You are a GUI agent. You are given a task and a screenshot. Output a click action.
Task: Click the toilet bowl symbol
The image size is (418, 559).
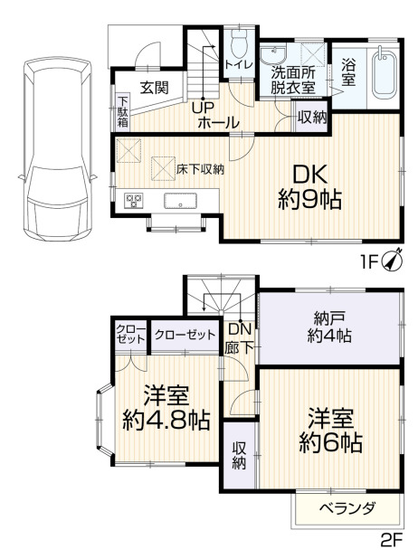(x=239, y=43)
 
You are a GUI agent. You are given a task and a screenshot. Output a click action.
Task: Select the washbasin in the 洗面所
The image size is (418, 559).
(x=273, y=54)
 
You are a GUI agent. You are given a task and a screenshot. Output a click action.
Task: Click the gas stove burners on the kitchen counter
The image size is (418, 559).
(x=133, y=200)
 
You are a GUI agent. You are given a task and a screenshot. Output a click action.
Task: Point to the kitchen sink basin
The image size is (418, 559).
(x=180, y=201)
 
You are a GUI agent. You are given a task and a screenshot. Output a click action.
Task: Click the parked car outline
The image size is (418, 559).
(x=57, y=148)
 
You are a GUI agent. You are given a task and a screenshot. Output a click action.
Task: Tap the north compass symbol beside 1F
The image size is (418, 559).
(x=393, y=261)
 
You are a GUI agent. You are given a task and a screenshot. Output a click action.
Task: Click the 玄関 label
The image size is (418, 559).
(x=154, y=88)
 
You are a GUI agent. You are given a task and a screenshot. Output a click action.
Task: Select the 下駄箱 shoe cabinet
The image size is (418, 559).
(x=123, y=112)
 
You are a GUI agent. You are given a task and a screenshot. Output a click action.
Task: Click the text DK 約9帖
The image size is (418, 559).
(x=310, y=187)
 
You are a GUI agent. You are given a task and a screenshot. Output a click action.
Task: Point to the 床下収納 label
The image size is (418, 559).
(x=200, y=169)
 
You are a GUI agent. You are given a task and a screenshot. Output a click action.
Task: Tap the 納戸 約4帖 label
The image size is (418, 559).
(x=329, y=327)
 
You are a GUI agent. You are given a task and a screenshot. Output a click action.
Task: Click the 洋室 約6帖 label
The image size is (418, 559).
(x=330, y=431)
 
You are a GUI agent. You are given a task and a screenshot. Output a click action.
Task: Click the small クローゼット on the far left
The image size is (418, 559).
(x=131, y=335)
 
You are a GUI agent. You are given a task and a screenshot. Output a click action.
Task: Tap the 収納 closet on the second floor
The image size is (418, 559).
(x=240, y=455)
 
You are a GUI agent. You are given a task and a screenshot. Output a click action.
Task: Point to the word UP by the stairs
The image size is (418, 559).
(x=203, y=108)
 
